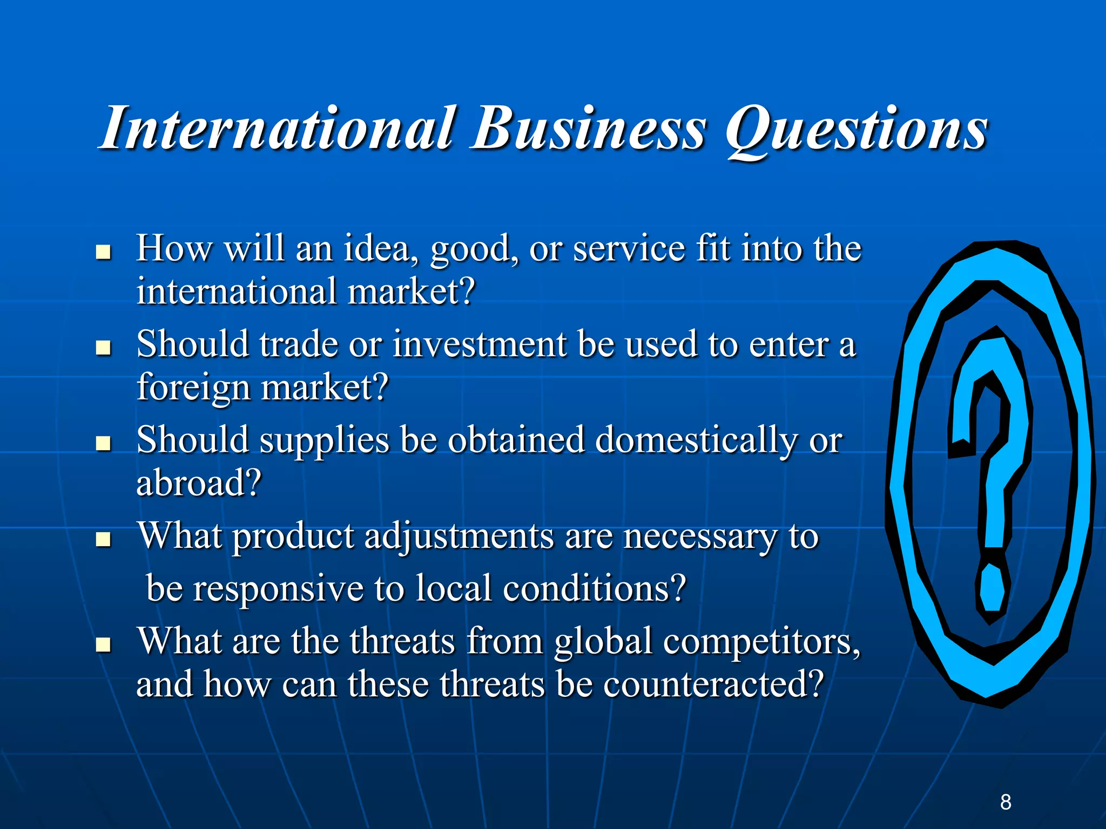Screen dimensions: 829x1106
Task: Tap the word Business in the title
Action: pos(589,128)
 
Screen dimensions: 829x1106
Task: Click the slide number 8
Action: pos(1006,802)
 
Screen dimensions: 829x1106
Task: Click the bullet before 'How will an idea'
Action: pos(103,252)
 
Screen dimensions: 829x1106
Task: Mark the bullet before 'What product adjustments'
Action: pos(103,539)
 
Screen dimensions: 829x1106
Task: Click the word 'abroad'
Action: pos(192,483)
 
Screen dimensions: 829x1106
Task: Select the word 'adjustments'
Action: pos(458,538)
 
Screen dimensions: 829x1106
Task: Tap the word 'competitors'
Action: pos(761,643)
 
